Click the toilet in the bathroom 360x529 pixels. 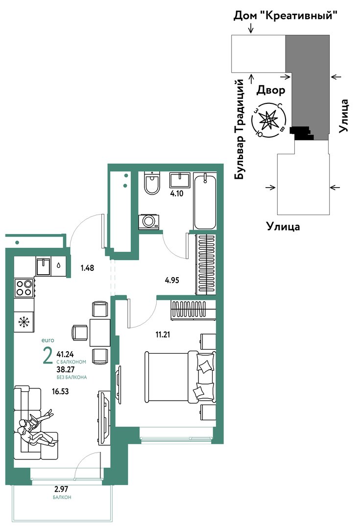click(152, 183)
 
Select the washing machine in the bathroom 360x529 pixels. click(148, 221)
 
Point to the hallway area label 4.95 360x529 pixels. click(172, 281)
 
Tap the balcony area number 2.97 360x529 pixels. click(62, 489)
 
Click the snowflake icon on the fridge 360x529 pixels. click(24, 322)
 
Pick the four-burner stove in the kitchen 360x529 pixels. click(24, 287)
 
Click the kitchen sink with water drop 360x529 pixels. click(50, 266)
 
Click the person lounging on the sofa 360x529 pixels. click(35, 428)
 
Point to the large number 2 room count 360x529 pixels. click(48, 356)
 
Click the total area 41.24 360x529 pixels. click(65, 354)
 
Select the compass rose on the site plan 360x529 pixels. click(269, 120)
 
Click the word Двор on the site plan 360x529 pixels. click(271, 90)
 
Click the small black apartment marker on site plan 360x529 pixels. click(301, 133)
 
